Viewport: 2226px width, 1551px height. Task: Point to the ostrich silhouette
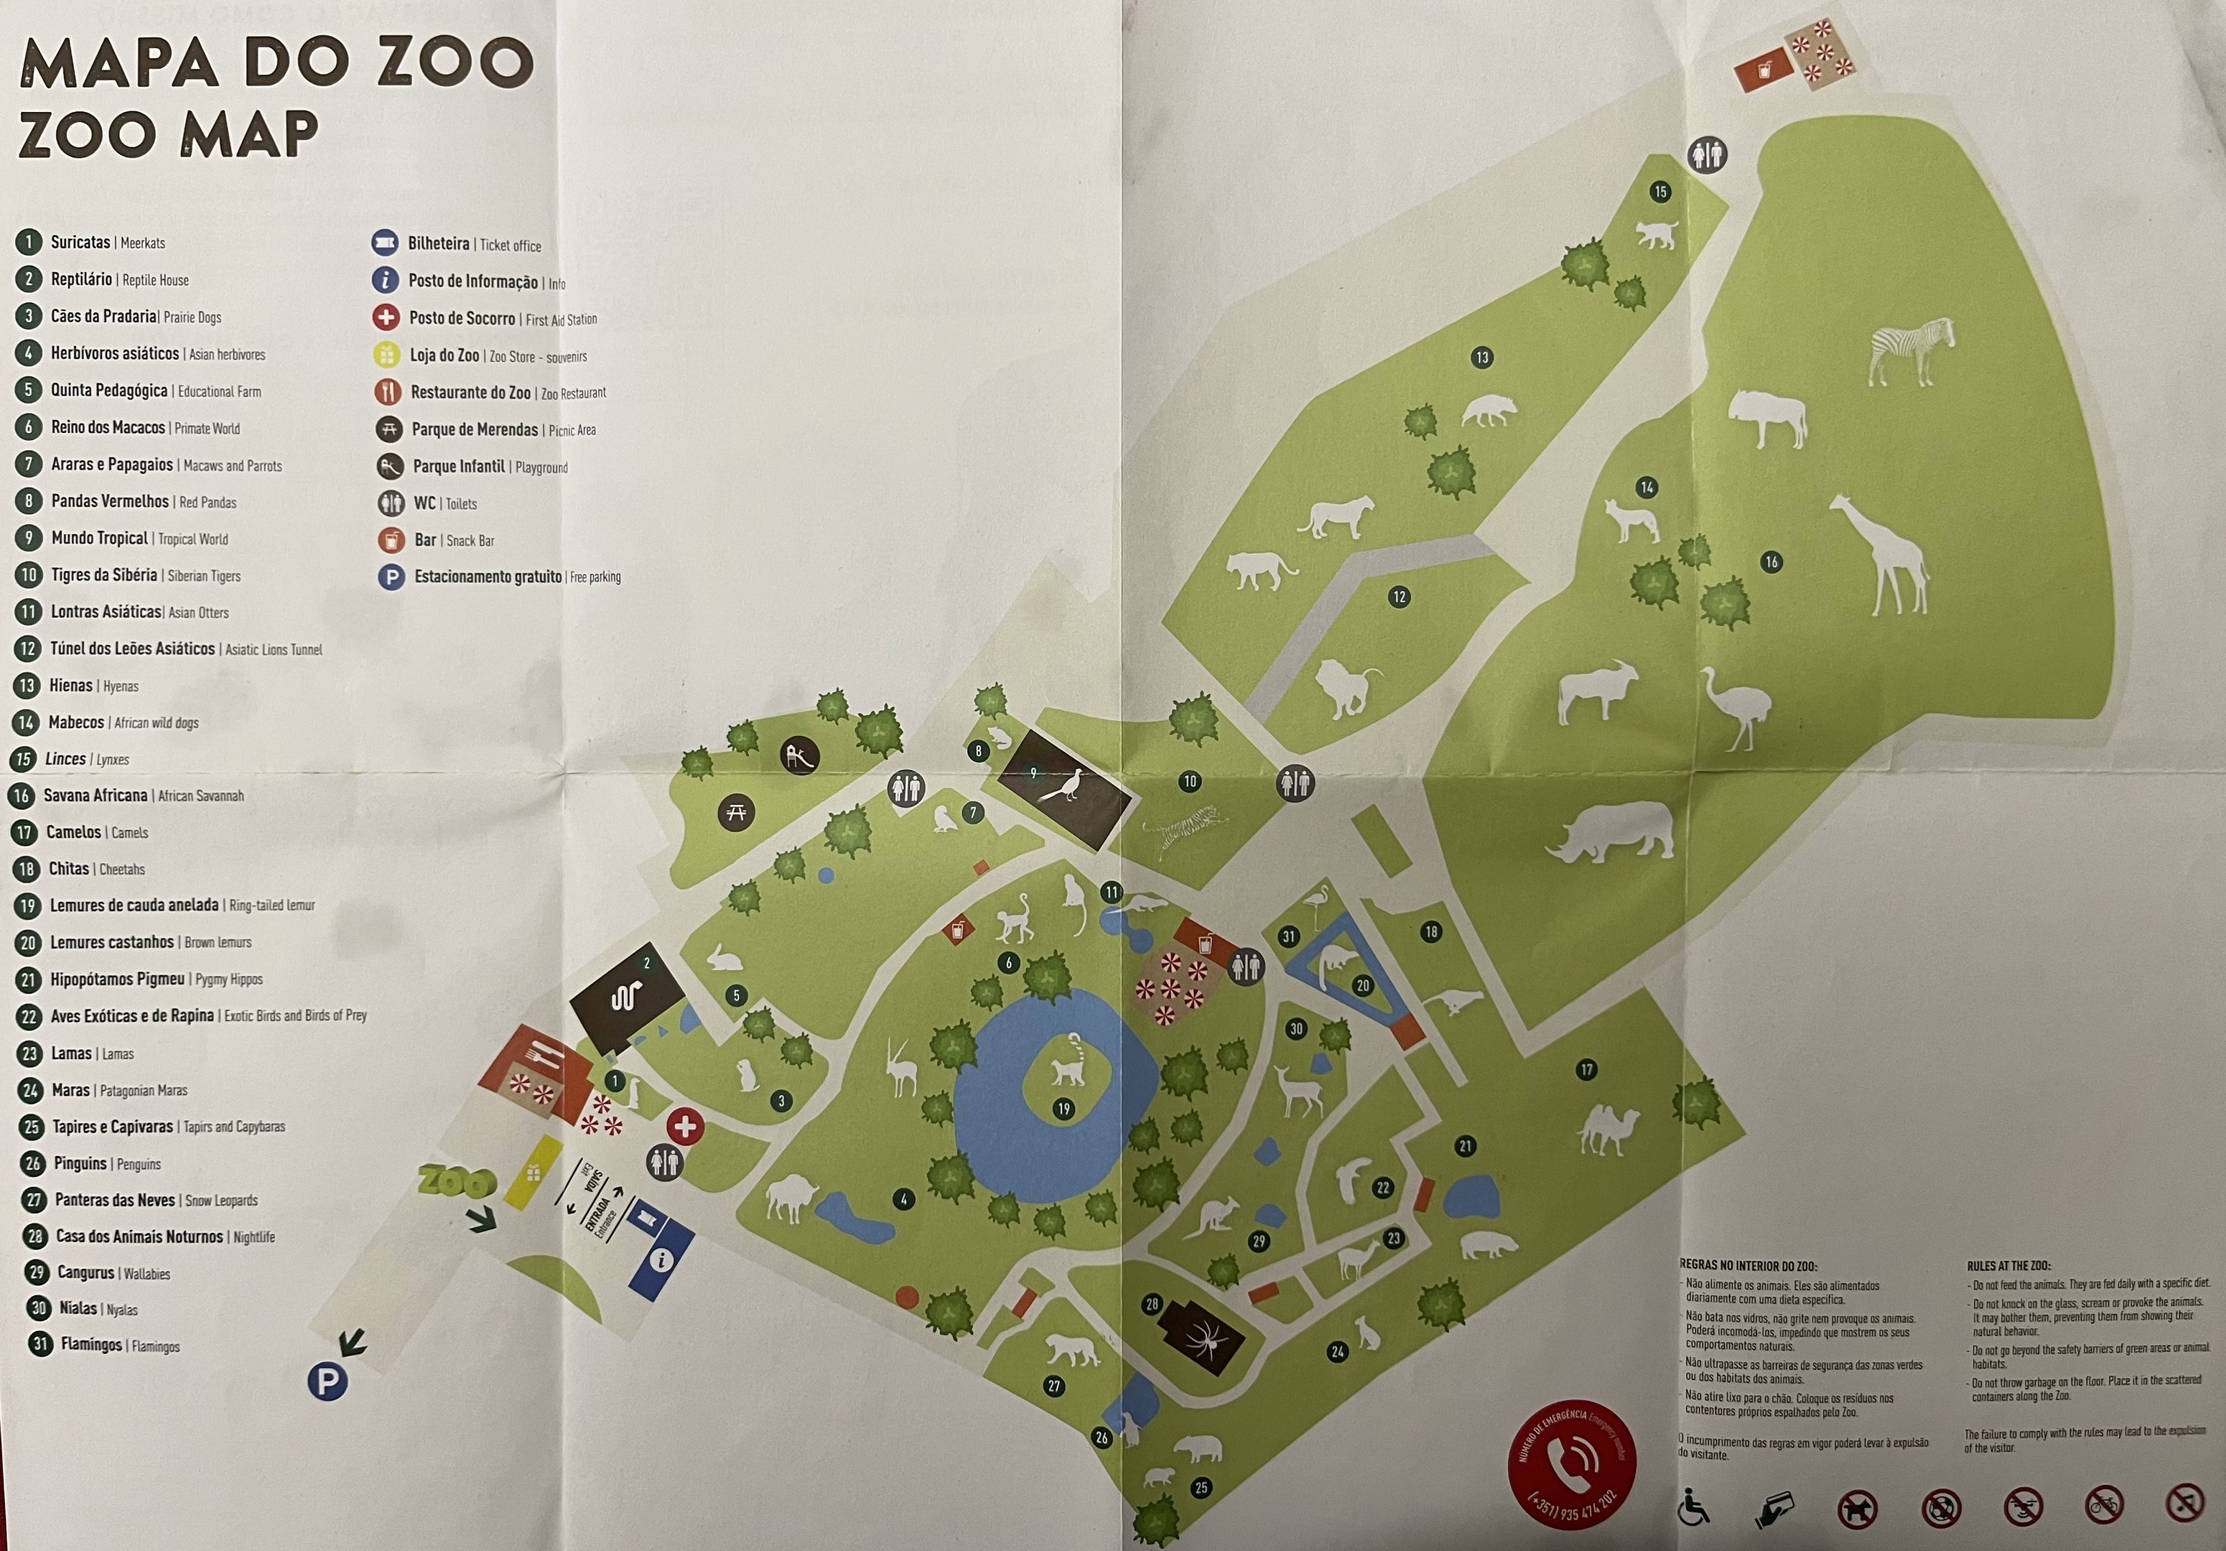1738,706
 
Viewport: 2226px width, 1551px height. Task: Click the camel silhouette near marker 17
1608,1130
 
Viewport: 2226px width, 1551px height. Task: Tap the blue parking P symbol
327,1382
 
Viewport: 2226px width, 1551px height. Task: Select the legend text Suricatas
80,243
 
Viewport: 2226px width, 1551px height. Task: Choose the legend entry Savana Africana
95,796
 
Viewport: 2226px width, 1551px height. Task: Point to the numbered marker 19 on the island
1063,1109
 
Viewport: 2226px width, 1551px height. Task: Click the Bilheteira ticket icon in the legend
385,243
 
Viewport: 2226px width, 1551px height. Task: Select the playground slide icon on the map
800,756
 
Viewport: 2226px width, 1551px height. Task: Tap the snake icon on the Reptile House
625,997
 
